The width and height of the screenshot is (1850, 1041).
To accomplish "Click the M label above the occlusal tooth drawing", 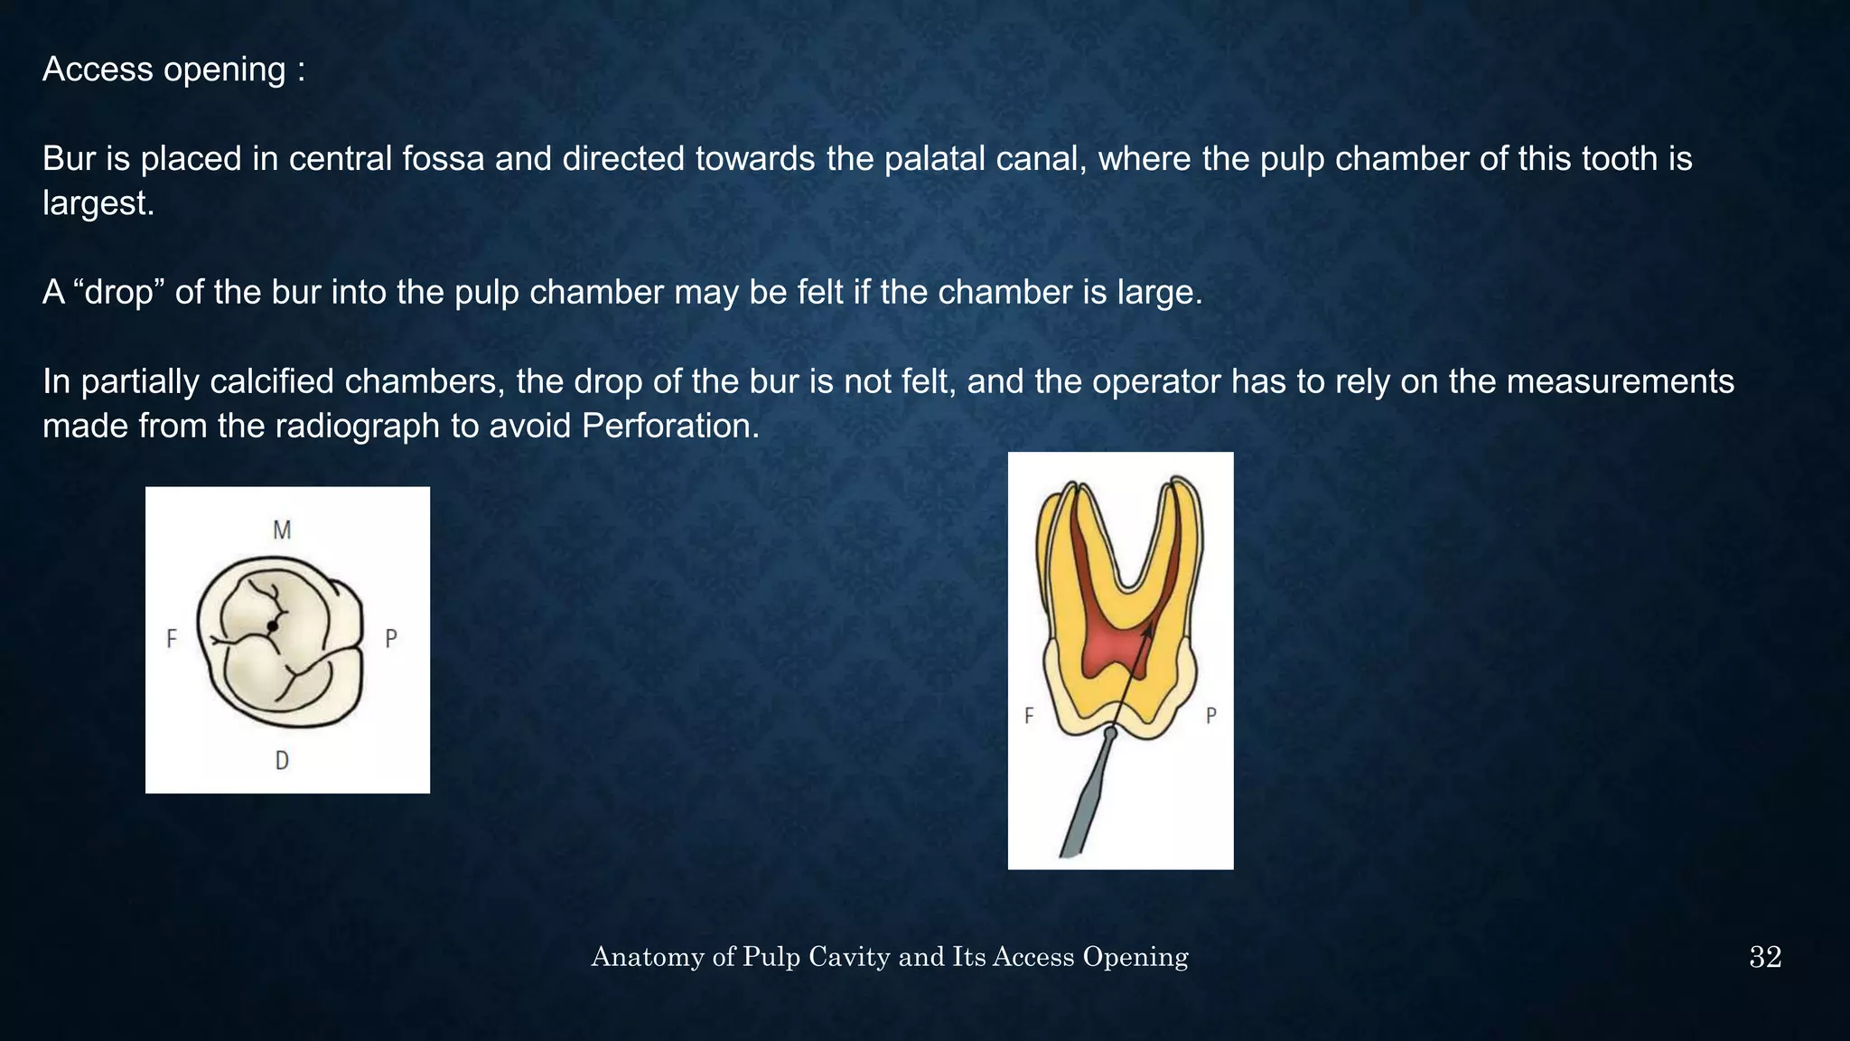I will [x=282, y=530].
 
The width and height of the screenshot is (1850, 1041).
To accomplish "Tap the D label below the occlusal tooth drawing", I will [x=282, y=761].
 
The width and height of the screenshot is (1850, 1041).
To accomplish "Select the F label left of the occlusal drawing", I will [x=172, y=640].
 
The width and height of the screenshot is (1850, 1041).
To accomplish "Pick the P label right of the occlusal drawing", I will [x=391, y=639].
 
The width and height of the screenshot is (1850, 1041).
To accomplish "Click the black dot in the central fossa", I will [x=272, y=625].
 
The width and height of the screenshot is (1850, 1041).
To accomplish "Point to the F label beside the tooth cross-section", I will [x=1029, y=717].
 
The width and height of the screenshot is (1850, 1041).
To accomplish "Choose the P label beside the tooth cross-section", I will [x=1211, y=717].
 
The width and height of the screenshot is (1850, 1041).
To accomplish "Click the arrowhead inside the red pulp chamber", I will [x=1147, y=632].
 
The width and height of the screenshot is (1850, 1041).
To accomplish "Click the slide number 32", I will [x=1765, y=957].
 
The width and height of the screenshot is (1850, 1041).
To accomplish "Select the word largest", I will [x=98, y=203].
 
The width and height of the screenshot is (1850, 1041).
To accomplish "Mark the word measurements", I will [x=1620, y=381].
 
